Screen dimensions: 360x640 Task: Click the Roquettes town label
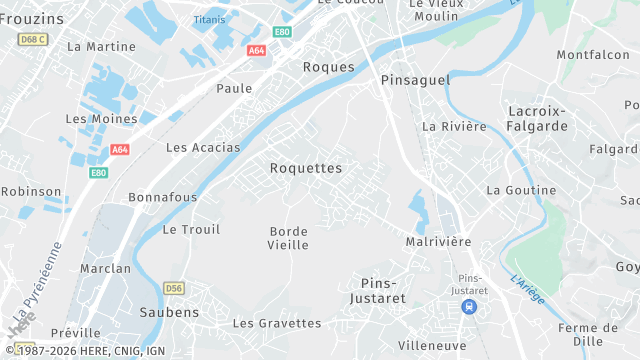tap(306, 168)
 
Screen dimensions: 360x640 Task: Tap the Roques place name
tap(328, 67)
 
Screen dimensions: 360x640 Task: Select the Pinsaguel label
tap(416, 79)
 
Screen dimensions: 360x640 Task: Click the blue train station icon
tap(469, 306)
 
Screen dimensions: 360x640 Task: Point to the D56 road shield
tap(174, 288)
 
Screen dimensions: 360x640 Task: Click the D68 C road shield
tap(34, 39)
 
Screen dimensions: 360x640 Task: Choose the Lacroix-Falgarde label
tap(538, 118)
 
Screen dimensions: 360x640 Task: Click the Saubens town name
tap(169, 312)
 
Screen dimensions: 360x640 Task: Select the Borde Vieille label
tap(289, 238)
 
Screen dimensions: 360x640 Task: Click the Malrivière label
tap(438, 242)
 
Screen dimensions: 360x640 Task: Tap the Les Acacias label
tap(203, 147)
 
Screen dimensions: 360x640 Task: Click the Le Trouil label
tap(190, 229)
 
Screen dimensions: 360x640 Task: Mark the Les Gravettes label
tap(277, 323)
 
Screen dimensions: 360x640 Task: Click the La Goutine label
tap(521, 190)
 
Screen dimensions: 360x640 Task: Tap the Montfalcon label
tap(593, 55)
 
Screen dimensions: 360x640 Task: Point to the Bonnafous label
tap(163, 197)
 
